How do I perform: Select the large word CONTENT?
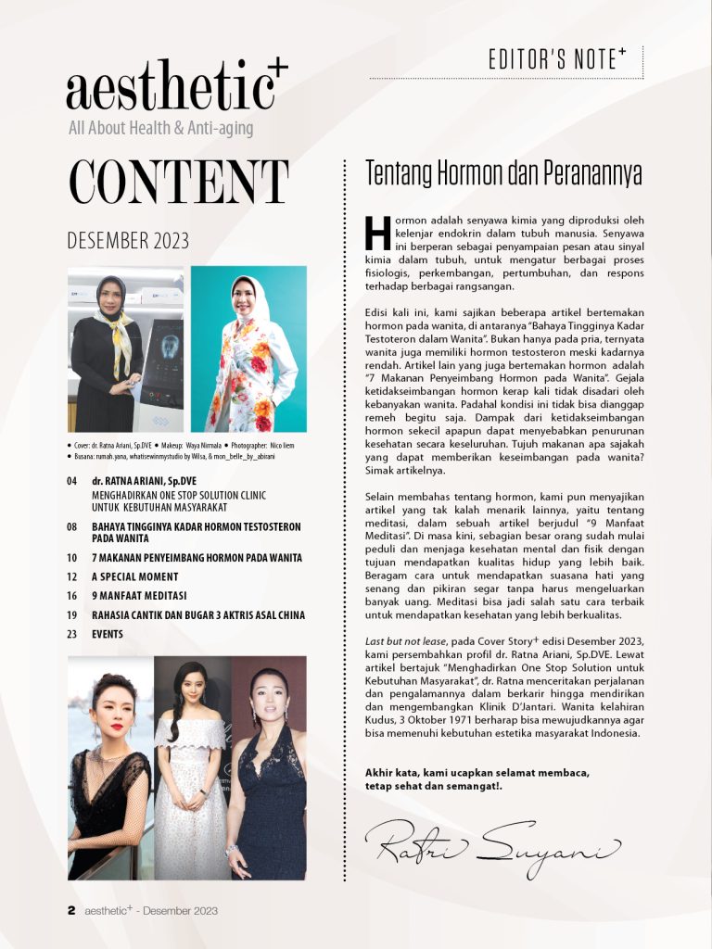tap(177, 183)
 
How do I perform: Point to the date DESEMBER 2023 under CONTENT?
tap(128, 241)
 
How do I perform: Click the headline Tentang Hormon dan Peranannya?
tap(503, 173)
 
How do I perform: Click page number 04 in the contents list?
tap(72, 482)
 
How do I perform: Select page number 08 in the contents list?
tap(72, 526)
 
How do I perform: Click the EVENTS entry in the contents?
tap(108, 635)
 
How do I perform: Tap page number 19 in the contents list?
tap(72, 615)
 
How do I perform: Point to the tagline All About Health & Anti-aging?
tap(160, 128)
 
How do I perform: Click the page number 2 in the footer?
tap(70, 911)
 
